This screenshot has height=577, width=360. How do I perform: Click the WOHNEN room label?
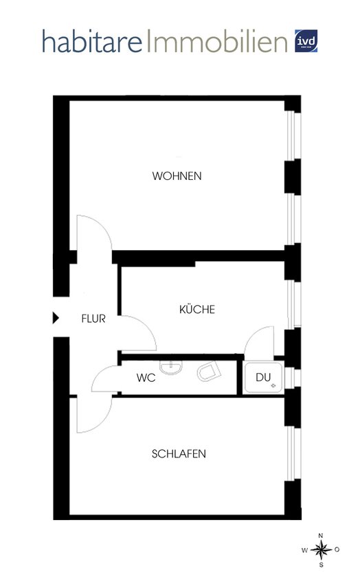[x=177, y=176]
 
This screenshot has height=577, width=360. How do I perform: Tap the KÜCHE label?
[x=197, y=310]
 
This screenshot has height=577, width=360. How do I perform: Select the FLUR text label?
[x=93, y=319]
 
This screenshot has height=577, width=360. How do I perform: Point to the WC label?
[x=146, y=378]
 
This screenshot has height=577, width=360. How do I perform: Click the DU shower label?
[x=263, y=377]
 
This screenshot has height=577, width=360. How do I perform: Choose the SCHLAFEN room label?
[x=179, y=454]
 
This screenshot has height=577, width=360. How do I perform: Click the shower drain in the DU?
[x=273, y=386]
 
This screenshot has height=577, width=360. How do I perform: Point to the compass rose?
[x=320, y=550]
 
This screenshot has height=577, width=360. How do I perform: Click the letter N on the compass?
[x=320, y=535]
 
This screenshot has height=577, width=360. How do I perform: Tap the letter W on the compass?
[x=304, y=550]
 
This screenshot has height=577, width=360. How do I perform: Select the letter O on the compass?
[x=337, y=550]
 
